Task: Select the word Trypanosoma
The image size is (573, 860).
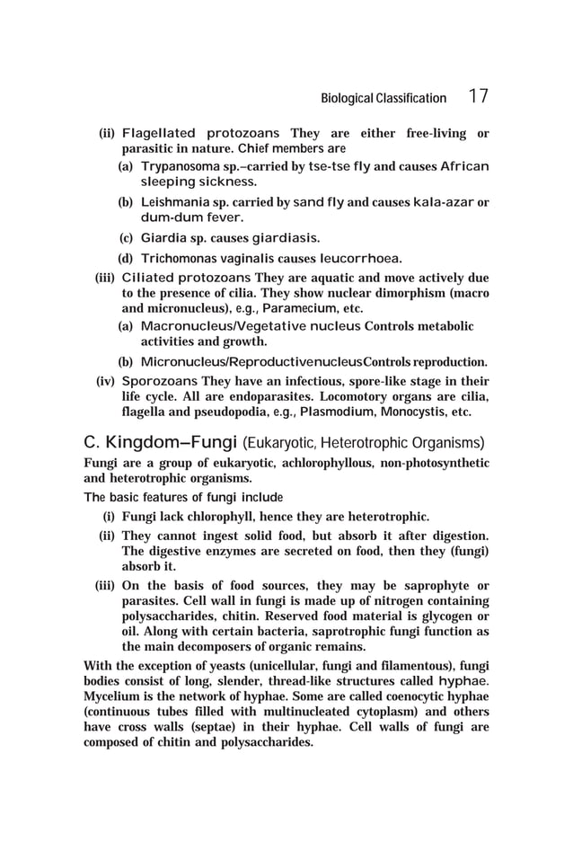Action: click(180, 167)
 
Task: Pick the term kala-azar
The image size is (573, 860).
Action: click(445, 202)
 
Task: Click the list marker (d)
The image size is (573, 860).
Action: click(128, 259)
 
